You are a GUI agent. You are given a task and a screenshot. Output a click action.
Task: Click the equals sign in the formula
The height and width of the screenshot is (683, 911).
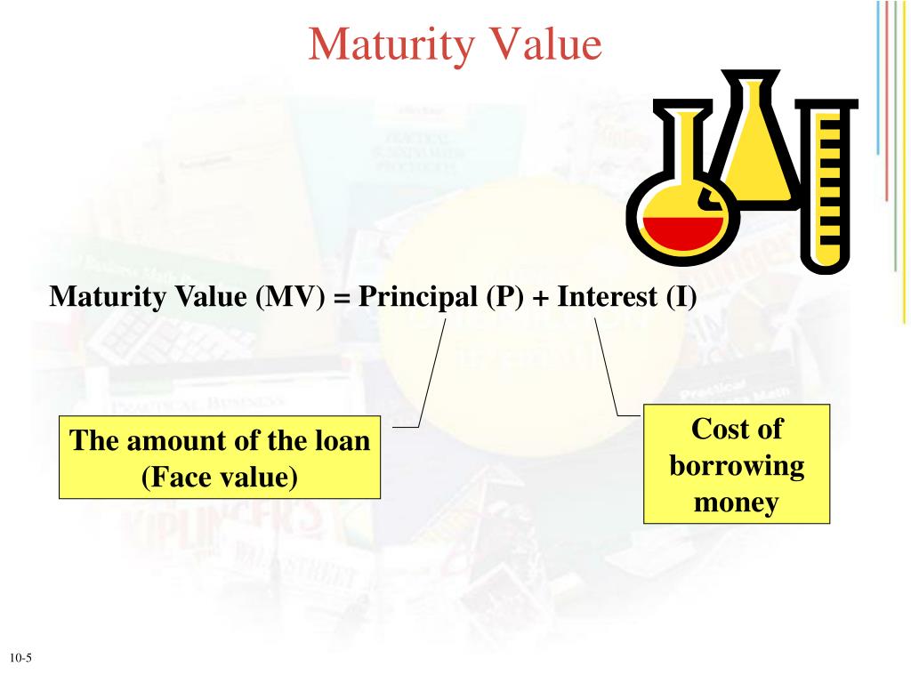[343, 296]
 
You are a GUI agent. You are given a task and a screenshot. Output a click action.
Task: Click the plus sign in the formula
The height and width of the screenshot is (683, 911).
[540, 296]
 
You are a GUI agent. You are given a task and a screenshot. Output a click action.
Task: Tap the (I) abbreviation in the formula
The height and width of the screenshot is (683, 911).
[681, 295]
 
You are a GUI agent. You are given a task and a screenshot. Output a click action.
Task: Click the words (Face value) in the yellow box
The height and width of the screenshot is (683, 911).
[219, 478]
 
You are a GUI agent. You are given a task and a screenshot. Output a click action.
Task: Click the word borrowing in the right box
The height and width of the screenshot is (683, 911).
[737, 466]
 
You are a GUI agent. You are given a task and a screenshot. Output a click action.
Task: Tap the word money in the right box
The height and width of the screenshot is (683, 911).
[737, 502]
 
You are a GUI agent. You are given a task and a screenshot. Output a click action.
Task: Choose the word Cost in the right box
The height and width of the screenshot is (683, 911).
[717, 430]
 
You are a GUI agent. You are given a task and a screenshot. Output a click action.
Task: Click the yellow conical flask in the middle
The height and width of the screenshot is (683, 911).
[757, 142]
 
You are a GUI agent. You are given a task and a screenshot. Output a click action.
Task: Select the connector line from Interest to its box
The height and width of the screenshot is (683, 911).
[607, 365]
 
